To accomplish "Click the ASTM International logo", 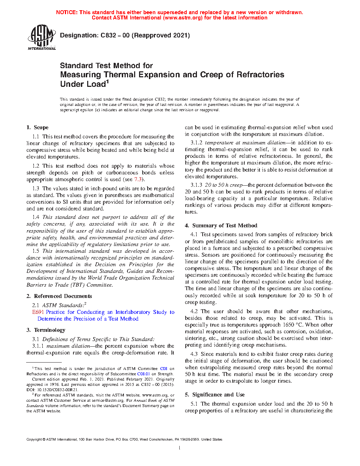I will pyautogui.click(x=41, y=37).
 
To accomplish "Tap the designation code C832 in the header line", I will pyautogui.click(x=108, y=35).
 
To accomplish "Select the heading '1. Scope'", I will pyautogui.click(x=37, y=127).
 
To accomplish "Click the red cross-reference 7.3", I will pyautogui.click(x=138, y=179).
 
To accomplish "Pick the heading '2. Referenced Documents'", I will pyautogui.click(x=59, y=296).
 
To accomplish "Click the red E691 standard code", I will pyautogui.click(x=38, y=312).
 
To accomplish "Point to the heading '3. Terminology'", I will pyautogui.click(x=46, y=330).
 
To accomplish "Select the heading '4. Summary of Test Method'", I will pyautogui.click(x=221, y=226).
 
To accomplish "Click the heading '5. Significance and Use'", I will pyautogui.click(x=215, y=395).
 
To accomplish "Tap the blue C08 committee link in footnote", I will pyautogui.click(x=163, y=369).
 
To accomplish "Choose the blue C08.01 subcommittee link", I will pyautogui.click(x=143, y=374).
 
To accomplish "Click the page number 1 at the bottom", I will pyautogui.click(x=180, y=448).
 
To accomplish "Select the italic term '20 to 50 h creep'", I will pyautogui.click(x=223, y=185).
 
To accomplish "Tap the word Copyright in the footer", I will pyautogui.click(x=34, y=440).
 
